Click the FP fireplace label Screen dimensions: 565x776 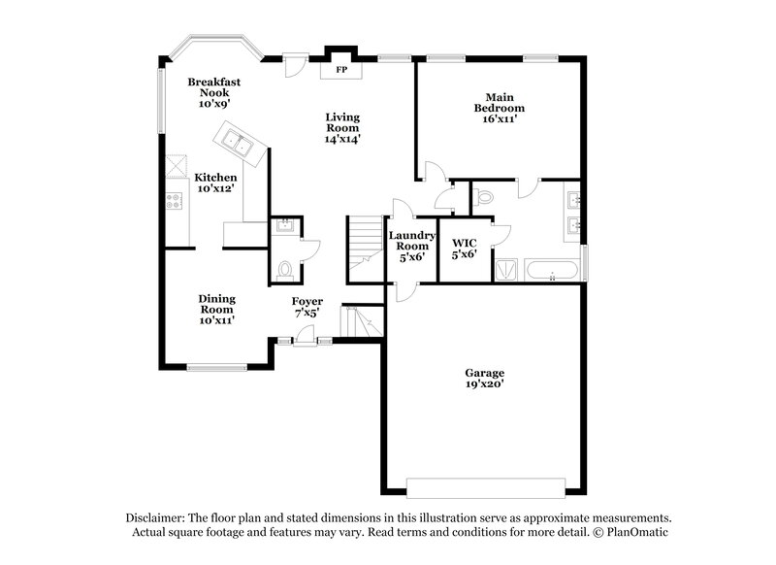click(340, 71)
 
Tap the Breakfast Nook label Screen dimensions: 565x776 click(214, 91)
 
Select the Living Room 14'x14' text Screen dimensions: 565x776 click(342, 126)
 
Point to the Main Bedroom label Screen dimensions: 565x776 click(505, 106)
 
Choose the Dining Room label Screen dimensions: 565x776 click(217, 308)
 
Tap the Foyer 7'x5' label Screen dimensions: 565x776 click(307, 307)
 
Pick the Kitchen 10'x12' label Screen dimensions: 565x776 click(215, 183)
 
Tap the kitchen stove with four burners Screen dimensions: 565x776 click(175, 201)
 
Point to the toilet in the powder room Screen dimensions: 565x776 click(285, 268)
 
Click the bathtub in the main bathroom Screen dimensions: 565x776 click(552, 269)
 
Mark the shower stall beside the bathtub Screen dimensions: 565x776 click(507, 269)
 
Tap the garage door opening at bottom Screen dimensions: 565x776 click(485, 486)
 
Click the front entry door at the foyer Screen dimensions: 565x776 click(305, 337)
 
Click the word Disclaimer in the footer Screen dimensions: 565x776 click(156, 518)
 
